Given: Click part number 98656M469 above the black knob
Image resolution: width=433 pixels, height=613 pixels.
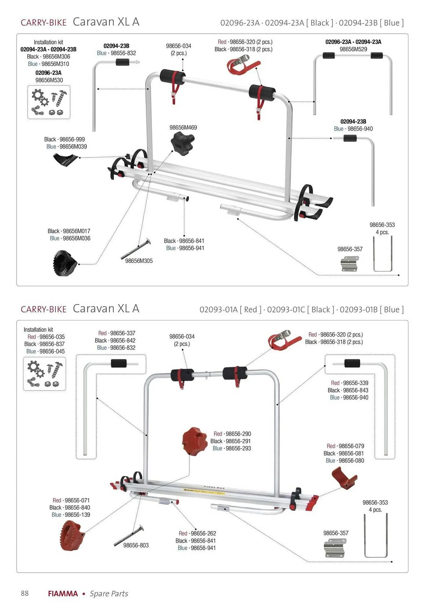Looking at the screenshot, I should pos(183,128).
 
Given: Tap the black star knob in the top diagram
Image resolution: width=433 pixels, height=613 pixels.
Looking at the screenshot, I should pos(182,143).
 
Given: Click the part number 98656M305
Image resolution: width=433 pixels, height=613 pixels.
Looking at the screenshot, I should pos(139,261).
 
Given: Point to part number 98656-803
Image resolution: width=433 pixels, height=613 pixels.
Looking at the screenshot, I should pos(136,545).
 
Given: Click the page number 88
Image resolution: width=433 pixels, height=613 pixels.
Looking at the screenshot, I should pos(24,593).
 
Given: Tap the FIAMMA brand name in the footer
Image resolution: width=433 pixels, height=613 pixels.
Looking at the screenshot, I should pos(63,593).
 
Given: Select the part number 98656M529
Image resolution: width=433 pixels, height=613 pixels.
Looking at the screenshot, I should pos(353,49).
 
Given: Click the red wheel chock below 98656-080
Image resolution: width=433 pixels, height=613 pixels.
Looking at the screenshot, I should pos(344,478).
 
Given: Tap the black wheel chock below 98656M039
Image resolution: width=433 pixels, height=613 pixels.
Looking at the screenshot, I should pos(65,160).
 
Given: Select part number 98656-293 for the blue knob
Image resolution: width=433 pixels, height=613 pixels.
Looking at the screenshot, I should pos(238,448).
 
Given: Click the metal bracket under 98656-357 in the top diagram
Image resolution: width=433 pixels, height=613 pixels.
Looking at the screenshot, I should pos(349,263).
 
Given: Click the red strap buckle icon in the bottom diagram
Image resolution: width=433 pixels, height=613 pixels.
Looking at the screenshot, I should pos(284,339).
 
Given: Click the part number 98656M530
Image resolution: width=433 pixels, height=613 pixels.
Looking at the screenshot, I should pos(49,80).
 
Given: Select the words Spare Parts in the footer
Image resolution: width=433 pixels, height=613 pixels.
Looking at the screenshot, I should pos(109,593).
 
